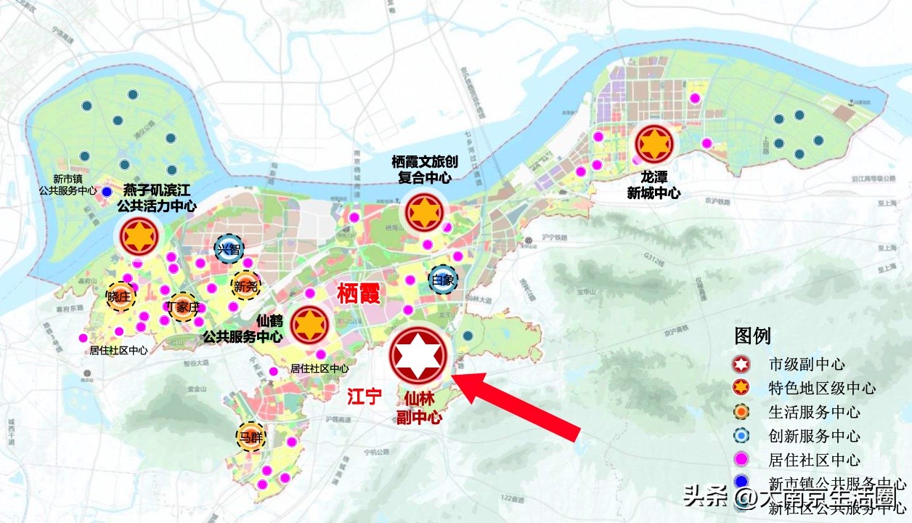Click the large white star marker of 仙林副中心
tap(420, 355)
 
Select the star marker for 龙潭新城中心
tap(655, 144)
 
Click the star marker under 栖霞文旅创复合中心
tap(424, 211)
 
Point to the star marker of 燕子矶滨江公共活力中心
tap(137, 235)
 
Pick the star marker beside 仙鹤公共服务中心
tap(309, 325)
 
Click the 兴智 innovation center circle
tap(229, 249)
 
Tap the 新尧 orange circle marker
tap(246, 285)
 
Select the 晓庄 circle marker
tap(120, 296)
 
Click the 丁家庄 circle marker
tap(182, 306)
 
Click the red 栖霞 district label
tap(359, 293)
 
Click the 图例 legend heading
tap(753, 336)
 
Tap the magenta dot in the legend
tap(742, 460)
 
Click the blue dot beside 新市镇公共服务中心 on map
tap(107, 191)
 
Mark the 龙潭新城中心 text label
tap(654, 185)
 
